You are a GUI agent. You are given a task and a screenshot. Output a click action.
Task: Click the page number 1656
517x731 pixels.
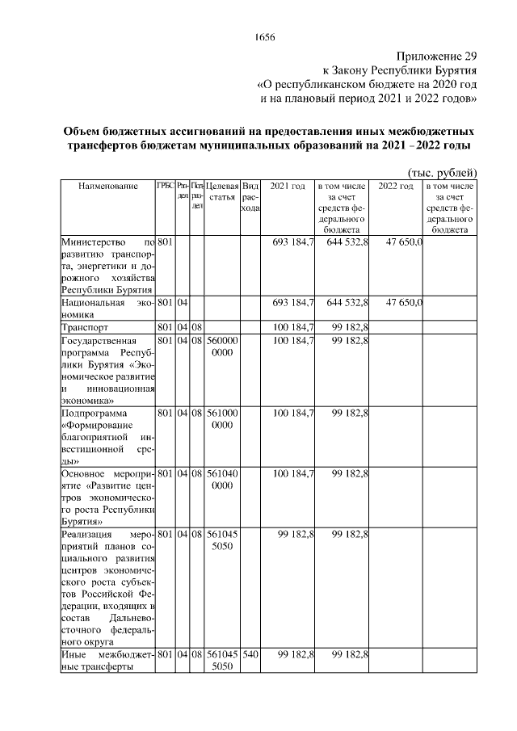265,37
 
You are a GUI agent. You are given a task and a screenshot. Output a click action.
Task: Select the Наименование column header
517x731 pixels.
107,187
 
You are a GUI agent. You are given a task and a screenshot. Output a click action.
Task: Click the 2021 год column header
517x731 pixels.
288,187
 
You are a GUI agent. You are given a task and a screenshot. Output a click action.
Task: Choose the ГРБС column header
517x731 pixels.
165,187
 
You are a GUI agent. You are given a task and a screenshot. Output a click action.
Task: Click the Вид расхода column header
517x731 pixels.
250,197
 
